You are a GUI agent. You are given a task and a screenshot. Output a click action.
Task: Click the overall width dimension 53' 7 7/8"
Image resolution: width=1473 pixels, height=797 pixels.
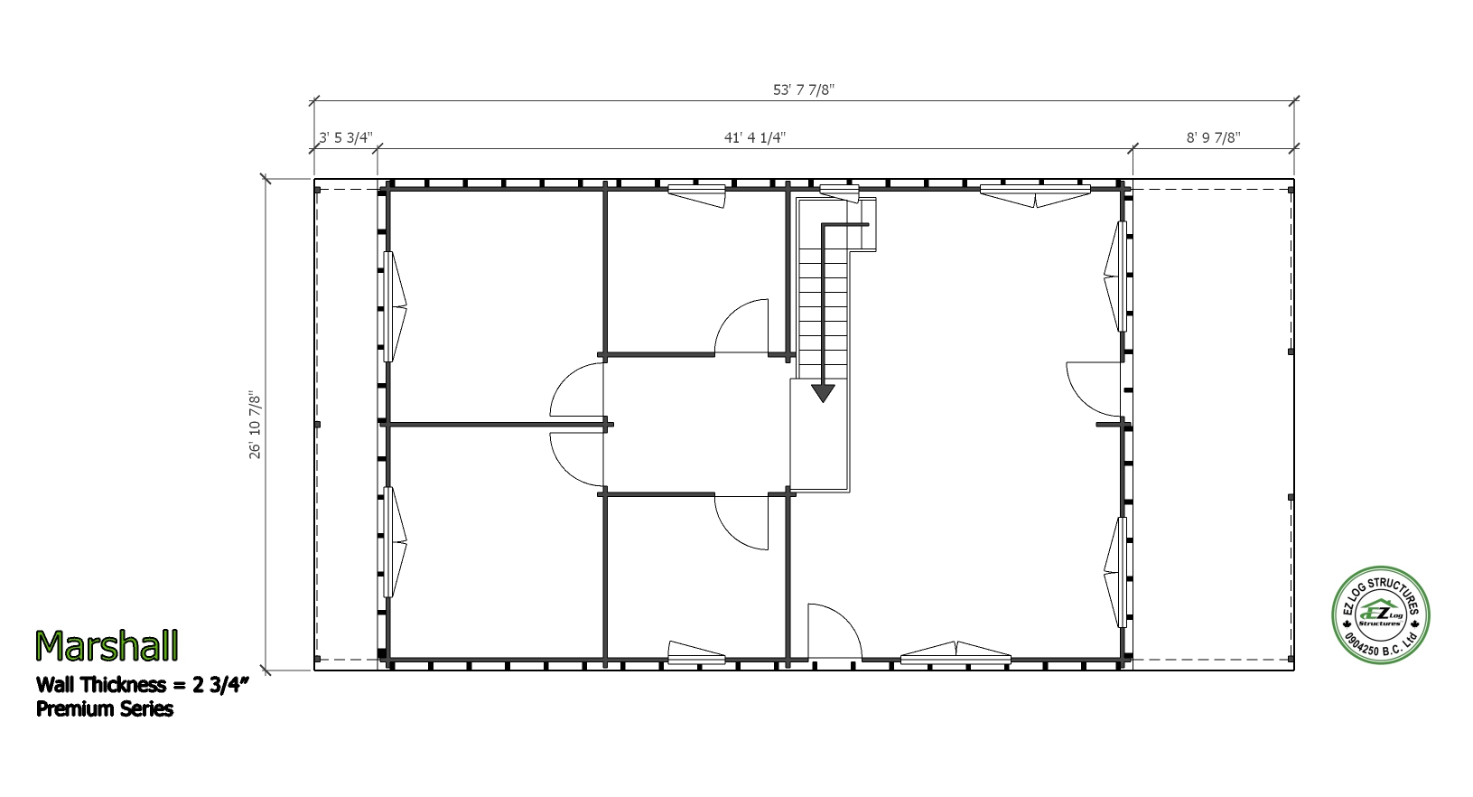point(804,90)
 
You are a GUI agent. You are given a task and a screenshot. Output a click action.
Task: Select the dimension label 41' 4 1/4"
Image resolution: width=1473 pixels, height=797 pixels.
point(755,137)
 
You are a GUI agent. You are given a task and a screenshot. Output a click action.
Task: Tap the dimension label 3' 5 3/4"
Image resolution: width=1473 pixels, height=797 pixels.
point(346,137)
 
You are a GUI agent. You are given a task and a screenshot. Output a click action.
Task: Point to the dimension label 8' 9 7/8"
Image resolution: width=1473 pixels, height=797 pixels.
point(1213,137)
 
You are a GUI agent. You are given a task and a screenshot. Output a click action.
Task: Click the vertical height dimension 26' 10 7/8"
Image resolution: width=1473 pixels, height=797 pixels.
point(256,425)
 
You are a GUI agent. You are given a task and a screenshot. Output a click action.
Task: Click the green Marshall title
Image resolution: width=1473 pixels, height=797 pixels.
point(107,645)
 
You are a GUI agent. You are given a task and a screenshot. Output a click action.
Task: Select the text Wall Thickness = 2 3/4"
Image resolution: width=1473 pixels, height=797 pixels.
point(143,685)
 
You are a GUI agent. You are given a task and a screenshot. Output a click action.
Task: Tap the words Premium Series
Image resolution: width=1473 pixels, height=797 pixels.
point(105,708)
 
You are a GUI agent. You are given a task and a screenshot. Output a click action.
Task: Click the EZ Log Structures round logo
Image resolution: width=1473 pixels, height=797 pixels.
point(1381,615)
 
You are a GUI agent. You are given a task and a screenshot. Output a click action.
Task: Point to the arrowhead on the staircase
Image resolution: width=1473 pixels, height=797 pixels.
point(823,393)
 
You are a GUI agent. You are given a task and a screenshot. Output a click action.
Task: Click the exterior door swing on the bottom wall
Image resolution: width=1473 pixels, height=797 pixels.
point(834,631)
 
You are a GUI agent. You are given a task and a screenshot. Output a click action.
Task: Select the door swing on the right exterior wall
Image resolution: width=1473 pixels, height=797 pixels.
point(1094,389)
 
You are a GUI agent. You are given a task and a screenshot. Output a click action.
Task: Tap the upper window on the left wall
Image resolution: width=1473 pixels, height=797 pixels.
point(393,306)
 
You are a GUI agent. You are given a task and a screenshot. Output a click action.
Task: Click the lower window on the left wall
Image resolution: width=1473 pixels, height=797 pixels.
point(393,541)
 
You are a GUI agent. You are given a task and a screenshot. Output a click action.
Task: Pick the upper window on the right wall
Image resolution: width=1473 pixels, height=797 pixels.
point(1116,277)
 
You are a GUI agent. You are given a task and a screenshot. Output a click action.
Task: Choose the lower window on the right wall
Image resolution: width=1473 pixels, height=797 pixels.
point(1116,572)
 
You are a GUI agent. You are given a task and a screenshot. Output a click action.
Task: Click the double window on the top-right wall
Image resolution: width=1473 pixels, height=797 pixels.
point(1035,196)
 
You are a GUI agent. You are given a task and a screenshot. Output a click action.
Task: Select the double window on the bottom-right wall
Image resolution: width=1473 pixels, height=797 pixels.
point(956,652)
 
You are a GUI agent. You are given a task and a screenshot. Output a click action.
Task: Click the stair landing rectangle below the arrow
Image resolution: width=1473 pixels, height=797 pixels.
point(819,435)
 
